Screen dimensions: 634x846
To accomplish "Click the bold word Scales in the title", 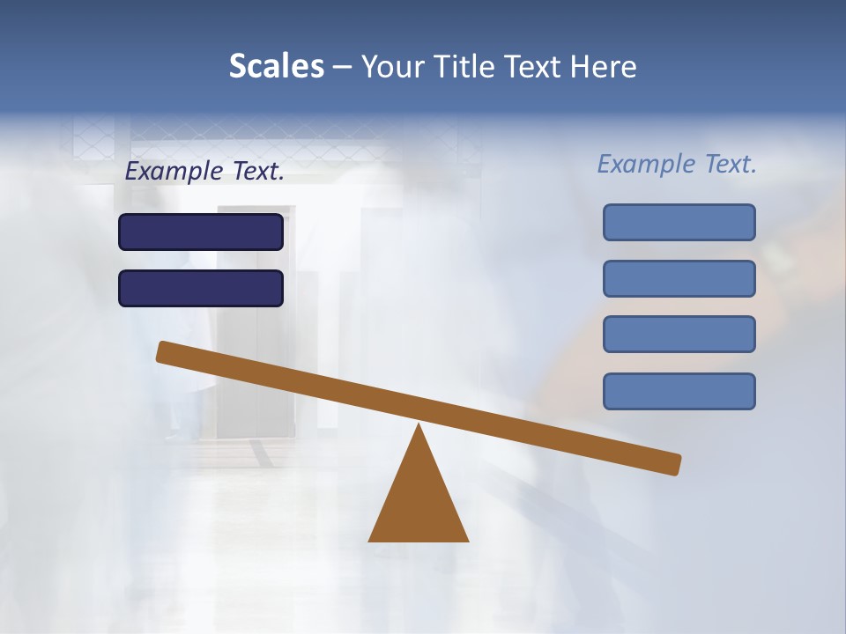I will pos(276,66).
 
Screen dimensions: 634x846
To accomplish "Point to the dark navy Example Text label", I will pos(204,172).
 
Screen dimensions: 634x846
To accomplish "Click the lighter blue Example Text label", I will pos(677,164).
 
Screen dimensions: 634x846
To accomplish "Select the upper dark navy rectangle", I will pos(201,232).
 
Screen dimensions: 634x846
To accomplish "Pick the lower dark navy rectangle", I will pos(201,289).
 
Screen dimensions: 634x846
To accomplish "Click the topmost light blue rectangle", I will pos(679,223).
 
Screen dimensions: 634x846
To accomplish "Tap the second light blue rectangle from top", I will pos(679,279).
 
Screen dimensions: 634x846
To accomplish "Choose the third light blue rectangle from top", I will pos(679,335).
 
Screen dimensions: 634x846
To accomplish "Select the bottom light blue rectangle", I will pos(679,392).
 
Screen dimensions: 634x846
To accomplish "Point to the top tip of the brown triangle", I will pos(419,426).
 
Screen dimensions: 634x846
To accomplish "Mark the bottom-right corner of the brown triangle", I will pos(467,540).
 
